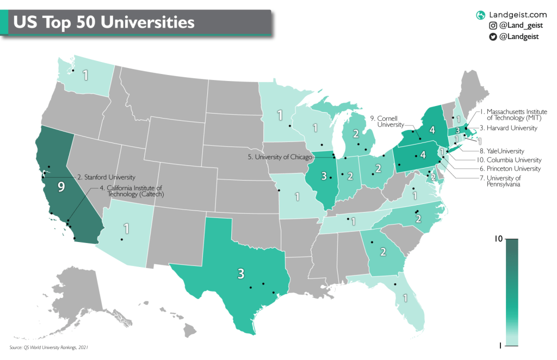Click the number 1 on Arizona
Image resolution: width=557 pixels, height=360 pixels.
coord(126,228)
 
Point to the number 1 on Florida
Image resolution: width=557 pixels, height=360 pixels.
coord(405,298)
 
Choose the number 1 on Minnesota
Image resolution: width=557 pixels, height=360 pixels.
coord(280,115)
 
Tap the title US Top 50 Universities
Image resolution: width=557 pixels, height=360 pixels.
coord(103,22)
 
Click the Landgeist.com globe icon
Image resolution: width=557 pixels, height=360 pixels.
coord(480,15)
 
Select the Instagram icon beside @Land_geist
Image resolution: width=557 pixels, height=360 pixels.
coord(493,26)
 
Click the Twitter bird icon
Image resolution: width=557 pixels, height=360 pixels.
coord(493,36)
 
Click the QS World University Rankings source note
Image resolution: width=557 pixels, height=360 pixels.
coord(48,347)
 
